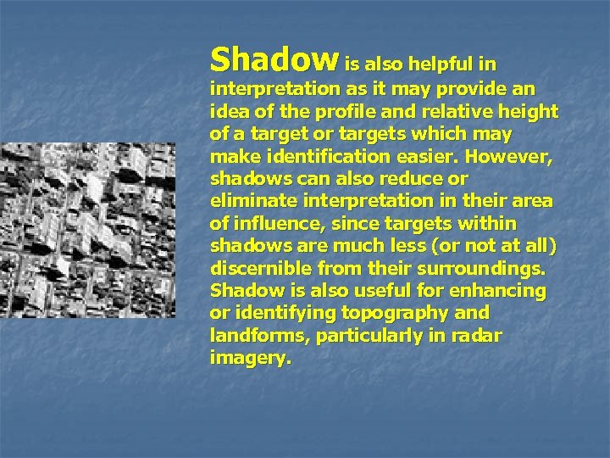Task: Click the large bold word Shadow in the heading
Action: click(274, 59)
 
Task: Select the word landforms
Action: click(248, 336)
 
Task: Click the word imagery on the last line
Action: click(248, 358)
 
